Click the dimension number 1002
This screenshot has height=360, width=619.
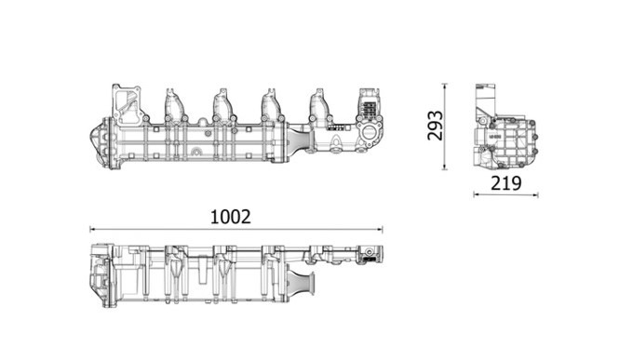click(231, 216)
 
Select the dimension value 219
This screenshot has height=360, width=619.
click(505, 183)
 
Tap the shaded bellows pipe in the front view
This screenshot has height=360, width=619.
click(302, 141)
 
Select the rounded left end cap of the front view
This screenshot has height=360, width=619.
click(100, 144)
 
